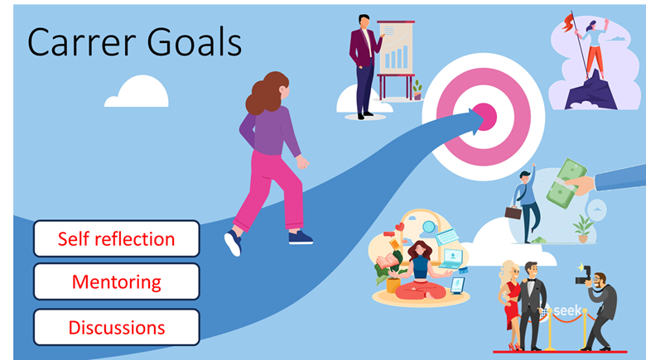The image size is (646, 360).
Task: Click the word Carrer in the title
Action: coord(81,42)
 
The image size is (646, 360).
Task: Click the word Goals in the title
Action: coord(194,42)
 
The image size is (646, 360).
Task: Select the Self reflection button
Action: coord(117,239)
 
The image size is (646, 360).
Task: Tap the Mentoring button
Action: coord(117,282)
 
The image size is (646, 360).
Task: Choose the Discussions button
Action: coord(117,328)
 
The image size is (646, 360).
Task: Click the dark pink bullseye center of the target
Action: coord(485,117)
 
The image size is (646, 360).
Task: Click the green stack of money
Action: coord(566,182)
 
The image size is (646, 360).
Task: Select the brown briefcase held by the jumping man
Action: coord(513,213)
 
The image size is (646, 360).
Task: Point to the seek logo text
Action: coord(567,310)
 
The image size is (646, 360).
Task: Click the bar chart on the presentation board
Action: coord(396,56)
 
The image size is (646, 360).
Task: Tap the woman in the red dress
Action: coord(510,305)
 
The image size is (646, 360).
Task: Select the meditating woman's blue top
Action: coord(419,267)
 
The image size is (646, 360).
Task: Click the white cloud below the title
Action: coord(137,91)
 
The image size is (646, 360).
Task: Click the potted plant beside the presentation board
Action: coord(417,90)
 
